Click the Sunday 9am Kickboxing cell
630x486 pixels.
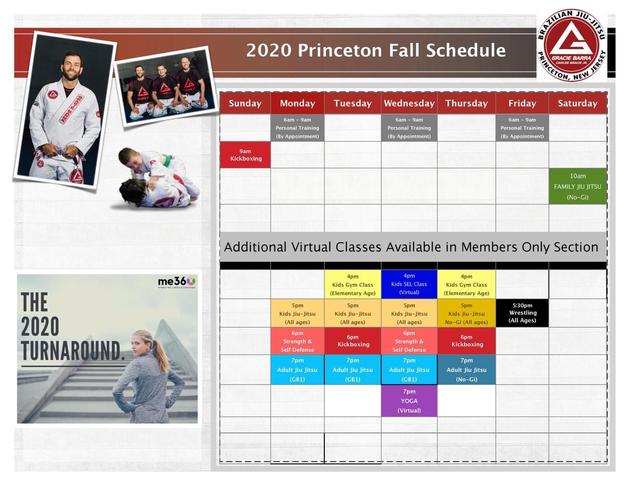coord(245,155)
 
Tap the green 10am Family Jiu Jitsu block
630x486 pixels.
coord(577,187)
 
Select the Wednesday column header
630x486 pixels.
coord(409,103)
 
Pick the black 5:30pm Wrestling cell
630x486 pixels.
coord(522,313)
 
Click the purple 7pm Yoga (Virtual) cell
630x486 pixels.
coord(409,401)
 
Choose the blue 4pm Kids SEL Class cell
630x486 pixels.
coord(409,284)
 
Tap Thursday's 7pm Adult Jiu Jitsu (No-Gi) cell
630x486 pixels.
coord(467,370)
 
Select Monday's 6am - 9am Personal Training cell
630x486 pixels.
coord(297,128)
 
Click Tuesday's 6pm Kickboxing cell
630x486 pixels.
coord(353,341)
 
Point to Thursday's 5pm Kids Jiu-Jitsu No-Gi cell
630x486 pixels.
coord(467,313)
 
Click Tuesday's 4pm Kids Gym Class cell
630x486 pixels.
coord(353,284)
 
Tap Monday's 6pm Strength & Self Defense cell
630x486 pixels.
coord(297,341)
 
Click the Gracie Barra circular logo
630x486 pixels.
coord(571,46)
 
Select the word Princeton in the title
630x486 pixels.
coord(340,50)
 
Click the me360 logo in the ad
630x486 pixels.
coord(176,282)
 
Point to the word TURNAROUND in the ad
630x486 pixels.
coord(72,350)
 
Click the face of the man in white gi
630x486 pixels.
coord(72,67)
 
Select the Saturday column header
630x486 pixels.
coord(577,103)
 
